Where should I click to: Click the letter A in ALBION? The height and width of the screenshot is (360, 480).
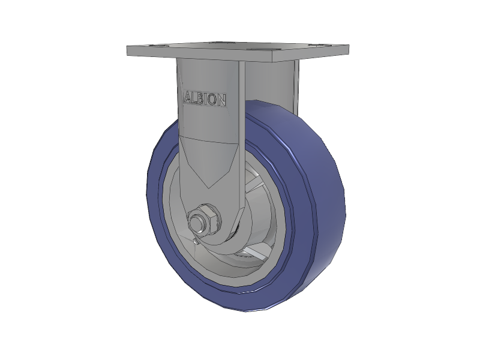point(187,98)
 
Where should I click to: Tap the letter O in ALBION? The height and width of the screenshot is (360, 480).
point(212,99)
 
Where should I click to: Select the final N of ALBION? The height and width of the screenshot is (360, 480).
point(221,100)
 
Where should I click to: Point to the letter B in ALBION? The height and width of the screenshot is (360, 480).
point(200,98)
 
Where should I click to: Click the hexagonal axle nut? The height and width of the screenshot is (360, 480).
point(205,219)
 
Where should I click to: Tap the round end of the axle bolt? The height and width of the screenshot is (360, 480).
point(196,222)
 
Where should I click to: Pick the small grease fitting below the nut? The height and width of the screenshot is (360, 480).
point(196,241)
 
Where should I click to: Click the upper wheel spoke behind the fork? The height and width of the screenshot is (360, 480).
point(254,184)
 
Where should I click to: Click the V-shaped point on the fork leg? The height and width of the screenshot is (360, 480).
point(208,187)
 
